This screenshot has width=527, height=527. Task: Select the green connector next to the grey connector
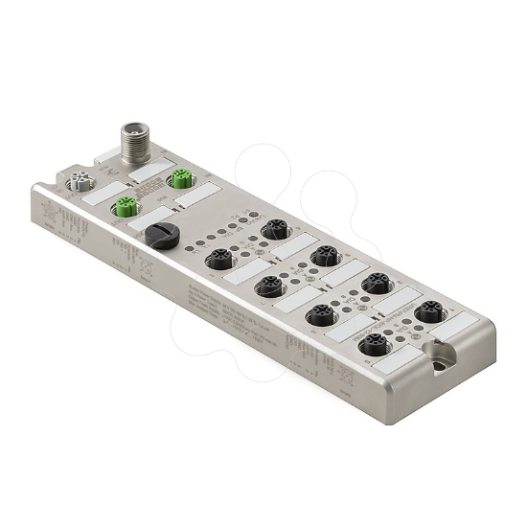123,204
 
